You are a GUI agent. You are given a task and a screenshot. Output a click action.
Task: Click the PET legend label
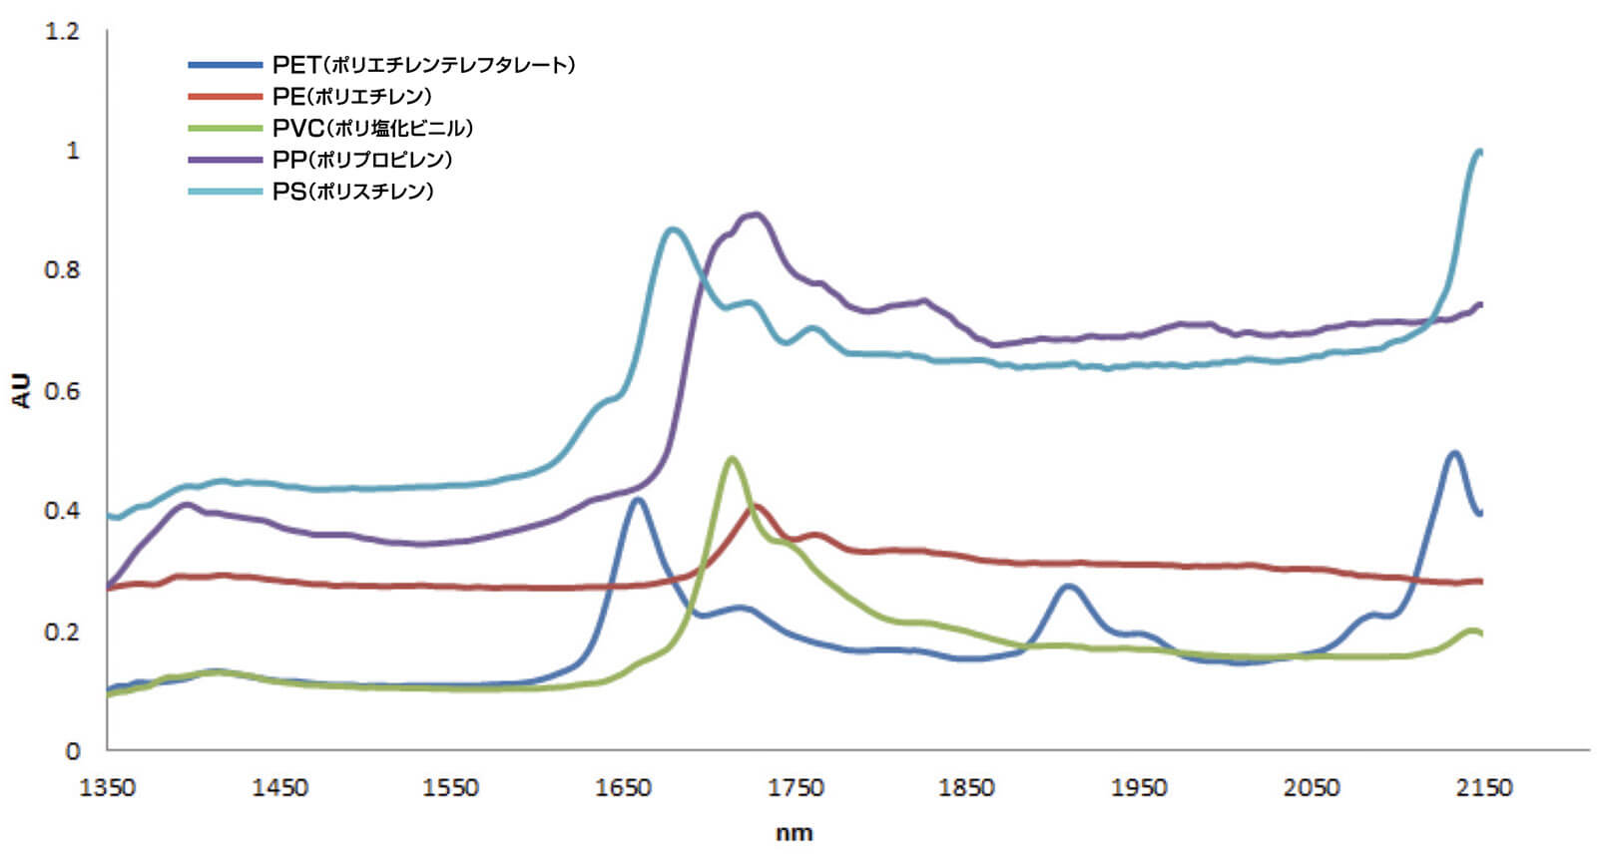(x=423, y=65)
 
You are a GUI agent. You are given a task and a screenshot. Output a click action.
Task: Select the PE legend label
(x=351, y=97)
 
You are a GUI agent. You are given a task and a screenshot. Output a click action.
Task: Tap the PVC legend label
(x=372, y=129)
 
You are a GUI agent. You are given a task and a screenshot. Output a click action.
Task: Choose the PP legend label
(x=362, y=160)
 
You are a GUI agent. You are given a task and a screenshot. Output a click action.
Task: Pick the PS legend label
(x=352, y=192)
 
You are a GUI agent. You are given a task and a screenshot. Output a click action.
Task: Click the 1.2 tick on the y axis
(x=62, y=32)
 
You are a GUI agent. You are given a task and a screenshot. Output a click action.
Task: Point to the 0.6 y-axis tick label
(x=62, y=391)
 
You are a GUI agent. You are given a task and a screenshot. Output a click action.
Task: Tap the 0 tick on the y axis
(x=72, y=751)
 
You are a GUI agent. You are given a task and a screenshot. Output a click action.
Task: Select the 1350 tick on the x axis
(x=107, y=788)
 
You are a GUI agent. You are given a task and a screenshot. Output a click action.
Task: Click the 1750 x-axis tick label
(x=796, y=788)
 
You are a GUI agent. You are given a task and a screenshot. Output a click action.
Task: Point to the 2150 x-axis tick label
(x=1483, y=788)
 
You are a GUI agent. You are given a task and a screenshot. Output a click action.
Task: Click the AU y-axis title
(x=22, y=391)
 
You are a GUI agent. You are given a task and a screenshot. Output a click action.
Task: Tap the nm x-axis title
(x=795, y=833)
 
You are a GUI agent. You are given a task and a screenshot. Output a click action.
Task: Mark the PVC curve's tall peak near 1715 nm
(x=732, y=459)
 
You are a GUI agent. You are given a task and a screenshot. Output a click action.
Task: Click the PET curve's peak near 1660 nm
(x=637, y=499)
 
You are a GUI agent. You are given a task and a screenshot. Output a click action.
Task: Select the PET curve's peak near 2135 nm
(x=1454, y=453)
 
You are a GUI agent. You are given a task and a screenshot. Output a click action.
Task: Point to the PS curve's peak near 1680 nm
(x=672, y=229)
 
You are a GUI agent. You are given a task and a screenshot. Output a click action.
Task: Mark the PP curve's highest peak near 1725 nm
(x=755, y=214)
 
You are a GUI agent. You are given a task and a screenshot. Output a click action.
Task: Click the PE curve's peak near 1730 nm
(x=756, y=506)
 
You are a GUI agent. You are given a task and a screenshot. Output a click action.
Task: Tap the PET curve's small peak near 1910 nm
(x=1069, y=586)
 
